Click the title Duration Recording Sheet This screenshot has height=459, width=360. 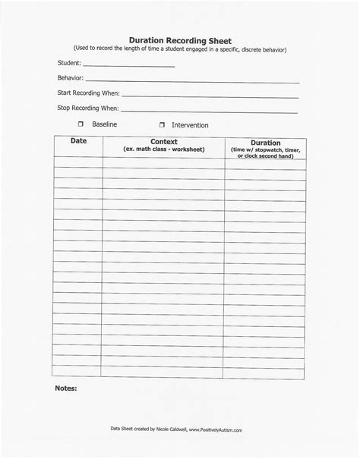click(x=180, y=39)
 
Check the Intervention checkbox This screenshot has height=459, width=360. click(x=162, y=124)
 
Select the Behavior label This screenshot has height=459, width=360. click(x=70, y=78)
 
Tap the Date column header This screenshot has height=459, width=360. click(x=79, y=142)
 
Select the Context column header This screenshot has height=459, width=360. click(x=164, y=142)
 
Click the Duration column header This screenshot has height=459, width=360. click(x=265, y=143)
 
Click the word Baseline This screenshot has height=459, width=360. click(x=105, y=124)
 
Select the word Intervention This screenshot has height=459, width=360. click(x=190, y=124)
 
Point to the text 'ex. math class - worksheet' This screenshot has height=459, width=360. click(x=164, y=149)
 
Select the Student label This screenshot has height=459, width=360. click(x=68, y=64)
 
